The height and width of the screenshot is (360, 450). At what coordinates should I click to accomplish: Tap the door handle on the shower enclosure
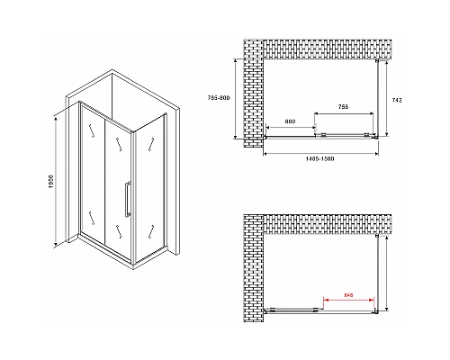coord(127,197)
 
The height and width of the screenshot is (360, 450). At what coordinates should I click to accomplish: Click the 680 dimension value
coord(291,120)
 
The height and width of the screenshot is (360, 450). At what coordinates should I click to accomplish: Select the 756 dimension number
coord(343,105)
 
